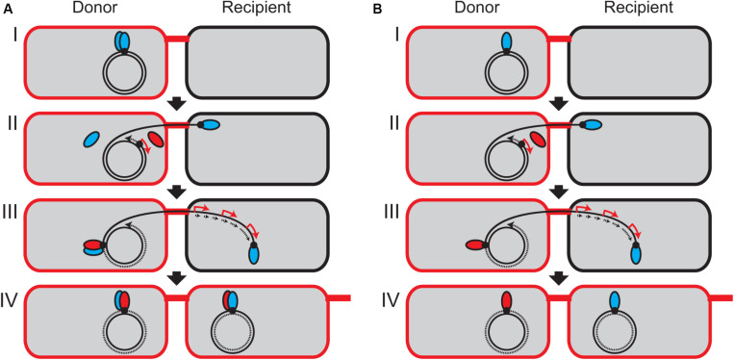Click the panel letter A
pos(7,9)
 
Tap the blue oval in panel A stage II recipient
pos(210,125)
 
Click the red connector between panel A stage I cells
pos(177,39)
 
